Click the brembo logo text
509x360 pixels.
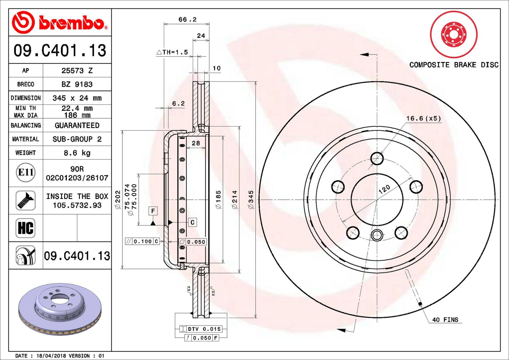(x=73, y=23)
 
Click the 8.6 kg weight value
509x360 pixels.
(x=77, y=153)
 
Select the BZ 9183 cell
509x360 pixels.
(x=77, y=84)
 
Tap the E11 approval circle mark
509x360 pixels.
(x=26, y=172)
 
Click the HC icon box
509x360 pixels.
(x=26, y=228)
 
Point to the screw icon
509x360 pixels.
(x=25, y=201)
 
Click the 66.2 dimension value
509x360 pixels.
(x=187, y=20)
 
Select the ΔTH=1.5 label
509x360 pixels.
(x=172, y=52)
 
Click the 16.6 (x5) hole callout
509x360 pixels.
(x=423, y=118)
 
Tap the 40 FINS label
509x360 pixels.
(x=445, y=320)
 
